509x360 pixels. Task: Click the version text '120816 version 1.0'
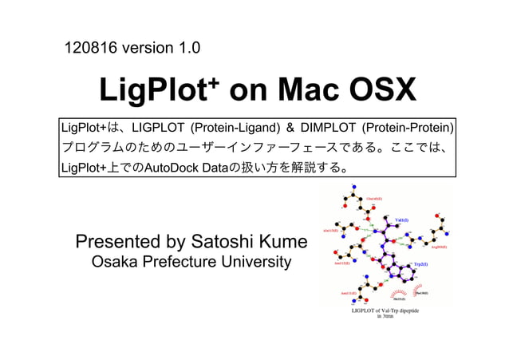pyautogui.click(x=132, y=49)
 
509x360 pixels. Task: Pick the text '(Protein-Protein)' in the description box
pyautogui.click(x=408, y=128)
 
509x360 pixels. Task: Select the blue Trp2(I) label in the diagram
pyautogui.click(x=420, y=264)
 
